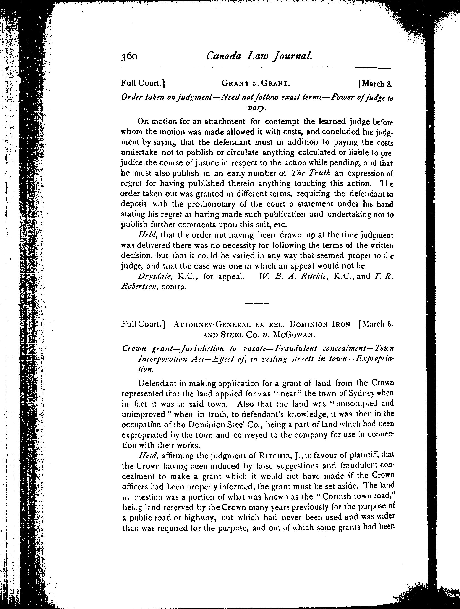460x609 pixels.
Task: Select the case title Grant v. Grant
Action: pyautogui.click(x=256, y=83)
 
